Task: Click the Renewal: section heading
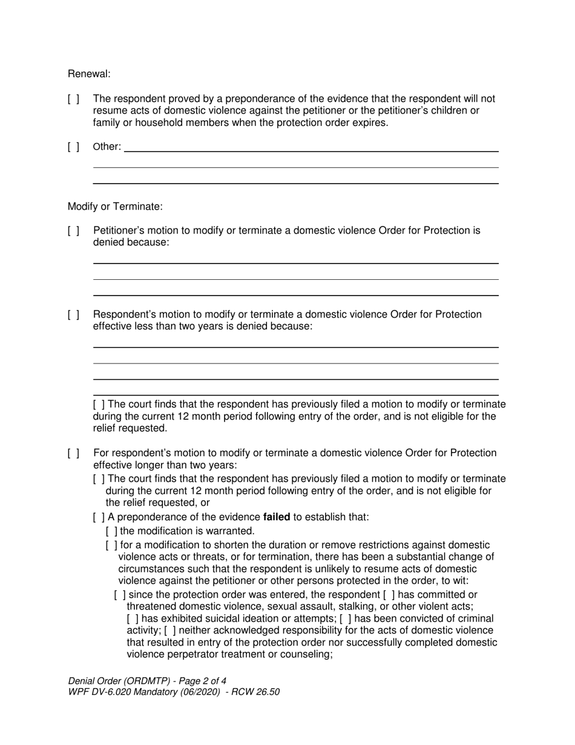click(89, 74)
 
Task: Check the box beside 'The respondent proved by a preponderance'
click(73, 99)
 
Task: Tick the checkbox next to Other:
click(73, 147)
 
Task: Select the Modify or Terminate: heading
click(115, 207)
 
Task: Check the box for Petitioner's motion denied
click(73, 231)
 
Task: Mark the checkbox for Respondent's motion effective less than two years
click(73, 315)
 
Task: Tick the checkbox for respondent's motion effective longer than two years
click(73, 454)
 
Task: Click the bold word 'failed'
click(277, 517)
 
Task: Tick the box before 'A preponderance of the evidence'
click(99, 517)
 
